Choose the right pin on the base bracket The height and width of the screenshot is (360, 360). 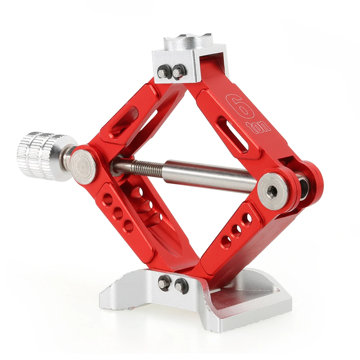click(180, 287)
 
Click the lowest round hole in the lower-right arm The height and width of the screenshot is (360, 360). click(226, 242)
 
